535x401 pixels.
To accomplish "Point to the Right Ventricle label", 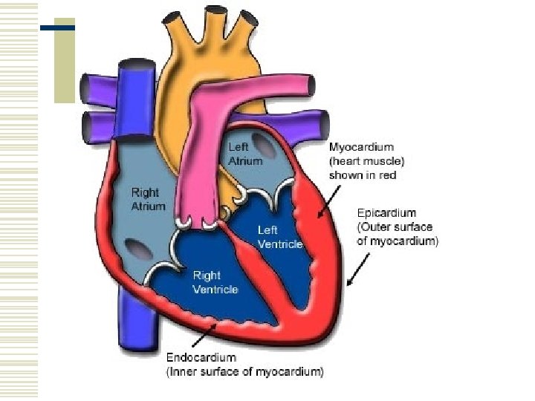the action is pos(215,282).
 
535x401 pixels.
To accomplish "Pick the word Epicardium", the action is pos(387,212).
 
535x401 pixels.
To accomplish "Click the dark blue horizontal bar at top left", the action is pos(57,27).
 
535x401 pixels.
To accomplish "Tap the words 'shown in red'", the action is pos(363,175).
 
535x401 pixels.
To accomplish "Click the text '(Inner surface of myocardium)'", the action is pos(244,372).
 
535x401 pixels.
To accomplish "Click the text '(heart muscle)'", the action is pos(366,161).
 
